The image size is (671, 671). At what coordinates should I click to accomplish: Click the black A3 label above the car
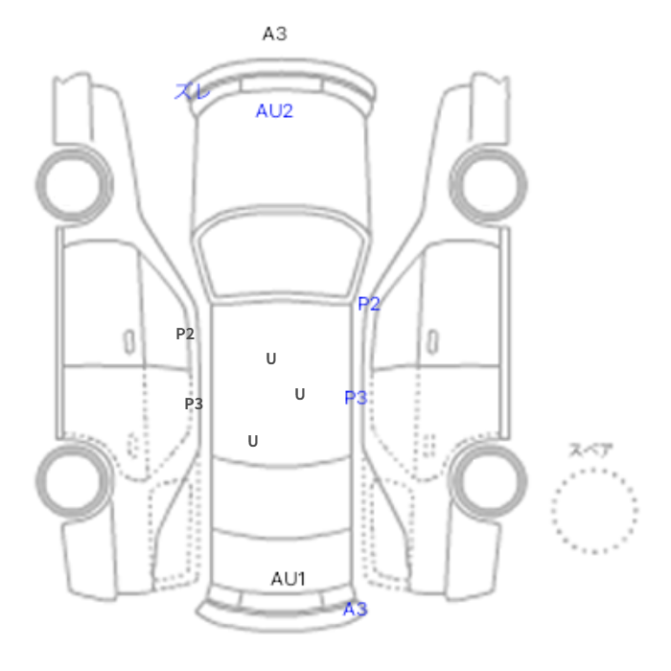(x=275, y=34)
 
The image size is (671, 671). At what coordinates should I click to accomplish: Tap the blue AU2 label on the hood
(x=274, y=111)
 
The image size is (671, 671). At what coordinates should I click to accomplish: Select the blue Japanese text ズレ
(x=192, y=91)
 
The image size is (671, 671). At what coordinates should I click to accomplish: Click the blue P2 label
(x=369, y=304)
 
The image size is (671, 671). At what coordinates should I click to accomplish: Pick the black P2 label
(x=185, y=334)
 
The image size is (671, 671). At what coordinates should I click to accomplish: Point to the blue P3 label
(x=356, y=398)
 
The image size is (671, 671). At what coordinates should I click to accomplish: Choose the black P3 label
(x=194, y=404)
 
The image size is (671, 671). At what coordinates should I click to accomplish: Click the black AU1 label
(x=289, y=579)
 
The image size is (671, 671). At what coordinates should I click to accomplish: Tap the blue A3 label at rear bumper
(x=356, y=609)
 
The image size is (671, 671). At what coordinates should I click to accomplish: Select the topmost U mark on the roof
(x=271, y=359)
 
